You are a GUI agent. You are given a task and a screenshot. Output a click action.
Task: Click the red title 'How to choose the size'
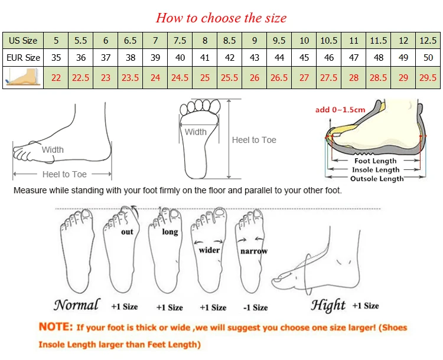click(x=221, y=18)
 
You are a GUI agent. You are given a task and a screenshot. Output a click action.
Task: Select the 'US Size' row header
click(x=23, y=40)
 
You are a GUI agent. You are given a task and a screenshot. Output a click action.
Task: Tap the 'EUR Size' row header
click(x=23, y=58)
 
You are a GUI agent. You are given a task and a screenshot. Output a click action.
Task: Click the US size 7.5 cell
click(x=180, y=40)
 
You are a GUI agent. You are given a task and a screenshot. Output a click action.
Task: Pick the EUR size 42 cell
click(x=230, y=58)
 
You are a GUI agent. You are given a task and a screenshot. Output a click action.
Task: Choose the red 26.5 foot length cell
click(x=279, y=78)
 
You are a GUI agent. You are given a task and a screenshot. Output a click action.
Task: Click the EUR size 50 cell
click(x=428, y=58)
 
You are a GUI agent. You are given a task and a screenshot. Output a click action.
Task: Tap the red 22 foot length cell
click(x=56, y=78)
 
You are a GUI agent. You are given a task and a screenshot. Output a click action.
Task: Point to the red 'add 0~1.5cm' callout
click(x=340, y=110)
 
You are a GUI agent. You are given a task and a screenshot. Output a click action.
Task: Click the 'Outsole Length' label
click(x=377, y=178)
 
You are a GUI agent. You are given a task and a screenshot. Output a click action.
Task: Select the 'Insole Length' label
click(x=376, y=170)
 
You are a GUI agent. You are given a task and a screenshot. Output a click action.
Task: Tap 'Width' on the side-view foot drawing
click(x=53, y=150)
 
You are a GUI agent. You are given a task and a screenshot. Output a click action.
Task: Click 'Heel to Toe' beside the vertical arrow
click(x=254, y=140)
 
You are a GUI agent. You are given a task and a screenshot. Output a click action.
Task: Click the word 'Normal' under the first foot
click(x=77, y=305)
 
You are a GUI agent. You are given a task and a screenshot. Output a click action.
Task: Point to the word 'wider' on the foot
click(x=209, y=250)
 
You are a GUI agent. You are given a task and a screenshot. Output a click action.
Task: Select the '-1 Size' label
click(x=255, y=307)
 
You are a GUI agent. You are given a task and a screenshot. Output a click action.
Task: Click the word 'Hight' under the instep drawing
click(x=328, y=306)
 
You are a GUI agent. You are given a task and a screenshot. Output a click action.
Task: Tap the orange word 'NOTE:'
click(x=56, y=327)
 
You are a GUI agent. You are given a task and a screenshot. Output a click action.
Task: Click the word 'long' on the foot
click(x=170, y=232)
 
